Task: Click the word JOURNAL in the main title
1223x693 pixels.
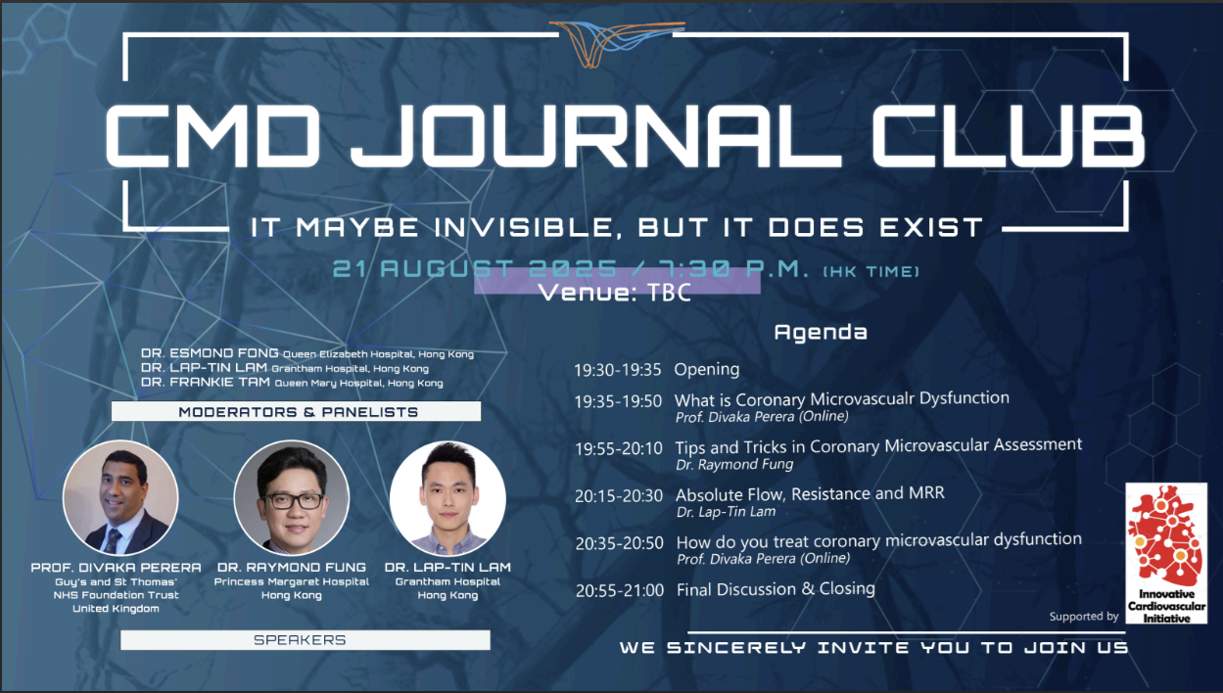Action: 595,135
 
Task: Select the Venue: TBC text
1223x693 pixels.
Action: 615,293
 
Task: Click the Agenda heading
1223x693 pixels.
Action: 821,333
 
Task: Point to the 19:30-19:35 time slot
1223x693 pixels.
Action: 618,370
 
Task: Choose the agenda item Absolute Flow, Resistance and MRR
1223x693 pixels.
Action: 810,494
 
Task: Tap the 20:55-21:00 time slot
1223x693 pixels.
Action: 620,590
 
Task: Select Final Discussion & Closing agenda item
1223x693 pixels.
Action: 776,589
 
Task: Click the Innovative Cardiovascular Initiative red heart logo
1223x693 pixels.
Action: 1166,553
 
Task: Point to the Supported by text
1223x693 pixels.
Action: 1084,617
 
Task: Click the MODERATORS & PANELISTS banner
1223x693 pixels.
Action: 296,411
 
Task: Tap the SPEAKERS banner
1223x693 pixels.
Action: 306,639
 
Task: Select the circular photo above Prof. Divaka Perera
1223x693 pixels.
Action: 120,497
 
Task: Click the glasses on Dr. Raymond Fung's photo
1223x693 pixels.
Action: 292,500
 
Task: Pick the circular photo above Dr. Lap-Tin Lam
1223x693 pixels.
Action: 447,497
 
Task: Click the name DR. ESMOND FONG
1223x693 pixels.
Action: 210,353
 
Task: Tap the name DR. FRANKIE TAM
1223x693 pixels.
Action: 206,382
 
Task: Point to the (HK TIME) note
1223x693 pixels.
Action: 871,271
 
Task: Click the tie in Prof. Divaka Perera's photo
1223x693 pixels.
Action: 113,540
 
